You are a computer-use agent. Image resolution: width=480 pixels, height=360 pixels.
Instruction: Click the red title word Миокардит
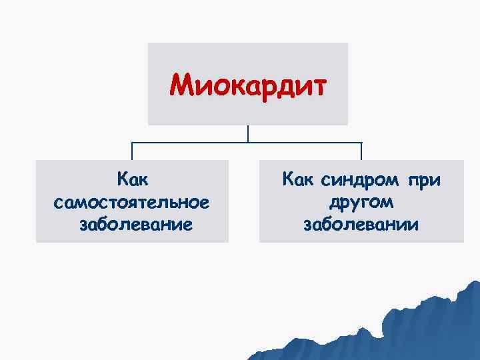tap(248, 85)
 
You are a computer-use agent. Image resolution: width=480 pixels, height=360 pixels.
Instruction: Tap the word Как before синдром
tap(299, 179)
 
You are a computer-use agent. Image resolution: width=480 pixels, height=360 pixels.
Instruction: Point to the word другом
tap(361, 201)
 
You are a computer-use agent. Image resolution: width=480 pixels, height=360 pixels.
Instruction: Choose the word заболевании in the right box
tap(361, 224)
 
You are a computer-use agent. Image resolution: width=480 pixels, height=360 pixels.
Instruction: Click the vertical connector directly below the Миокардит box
tap(248, 134)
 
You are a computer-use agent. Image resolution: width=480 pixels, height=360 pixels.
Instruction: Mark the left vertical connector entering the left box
tap(132, 151)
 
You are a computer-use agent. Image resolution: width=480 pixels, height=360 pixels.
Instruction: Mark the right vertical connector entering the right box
tap(361, 151)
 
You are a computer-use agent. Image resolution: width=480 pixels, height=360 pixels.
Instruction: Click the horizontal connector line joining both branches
tap(200, 143)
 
